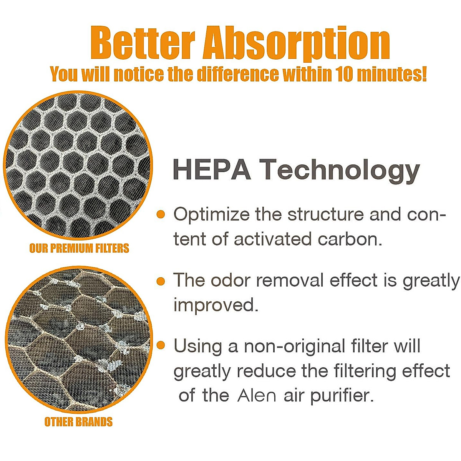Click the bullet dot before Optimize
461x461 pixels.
click(161, 214)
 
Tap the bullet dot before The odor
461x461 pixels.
click(161, 281)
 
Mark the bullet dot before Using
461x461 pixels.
click(161, 345)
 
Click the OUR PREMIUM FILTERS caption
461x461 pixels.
click(79, 248)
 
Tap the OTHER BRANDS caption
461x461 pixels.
click(78, 421)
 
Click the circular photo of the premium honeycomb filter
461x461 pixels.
click(78, 165)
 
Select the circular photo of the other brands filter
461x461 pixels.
click(78, 340)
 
